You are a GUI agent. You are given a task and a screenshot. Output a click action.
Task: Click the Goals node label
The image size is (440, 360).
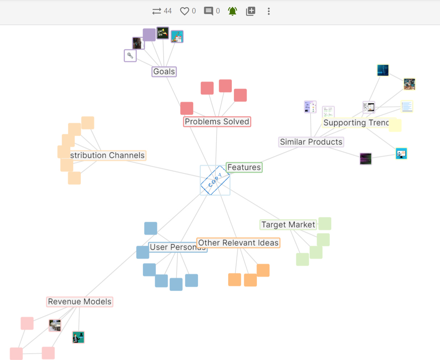pyautogui.click(x=164, y=71)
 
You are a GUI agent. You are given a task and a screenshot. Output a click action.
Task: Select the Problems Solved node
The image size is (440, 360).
pyautogui.click(x=217, y=122)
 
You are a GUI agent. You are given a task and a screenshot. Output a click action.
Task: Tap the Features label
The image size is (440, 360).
pyautogui.click(x=244, y=167)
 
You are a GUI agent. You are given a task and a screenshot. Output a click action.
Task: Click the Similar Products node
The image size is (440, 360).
pyautogui.click(x=311, y=142)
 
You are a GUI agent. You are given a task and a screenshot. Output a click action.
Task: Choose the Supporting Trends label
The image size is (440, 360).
pyautogui.click(x=355, y=123)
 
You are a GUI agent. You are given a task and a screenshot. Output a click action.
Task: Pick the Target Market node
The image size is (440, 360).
pyautogui.click(x=288, y=225)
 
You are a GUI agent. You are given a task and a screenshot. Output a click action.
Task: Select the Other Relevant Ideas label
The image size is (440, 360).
pyautogui.click(x=238, y=243)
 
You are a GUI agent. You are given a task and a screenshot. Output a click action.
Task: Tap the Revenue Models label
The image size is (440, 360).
pyautogui.click(x=80, y=302)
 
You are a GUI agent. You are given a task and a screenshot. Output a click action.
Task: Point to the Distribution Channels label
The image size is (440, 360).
pyautogui.click(x=107, y=155)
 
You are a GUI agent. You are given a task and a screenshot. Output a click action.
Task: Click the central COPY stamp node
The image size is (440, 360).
pyautogui.click(x=215, y=180)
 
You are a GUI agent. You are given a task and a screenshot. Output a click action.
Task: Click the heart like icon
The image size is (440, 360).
pyautogui.click(x=185, y=11)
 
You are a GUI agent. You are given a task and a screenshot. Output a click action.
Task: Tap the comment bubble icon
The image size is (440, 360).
pyautogui.click(x=209, y=11)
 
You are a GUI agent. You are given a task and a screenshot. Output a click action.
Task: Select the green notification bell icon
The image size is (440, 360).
pyautogui.click(x=233, y=11)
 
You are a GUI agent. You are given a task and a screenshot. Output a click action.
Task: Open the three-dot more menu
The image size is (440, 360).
pyautogui.click(x=269, y=11)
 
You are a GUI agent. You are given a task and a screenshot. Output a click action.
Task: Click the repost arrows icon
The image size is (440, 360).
pyautogui.click(x=157, y=11)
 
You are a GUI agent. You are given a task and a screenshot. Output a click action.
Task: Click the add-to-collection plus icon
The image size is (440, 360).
pyautogui.click(x=251, y=11)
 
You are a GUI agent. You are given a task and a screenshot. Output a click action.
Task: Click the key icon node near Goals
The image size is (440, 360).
pyautogui.click(x=130, y=56)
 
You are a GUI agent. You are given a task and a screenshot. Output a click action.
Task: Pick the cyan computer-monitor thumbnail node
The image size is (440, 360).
pyautogui.click(x=401, y=154)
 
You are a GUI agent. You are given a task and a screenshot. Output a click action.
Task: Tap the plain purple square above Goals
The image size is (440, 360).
pyautogui.click(x=149, y=35)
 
